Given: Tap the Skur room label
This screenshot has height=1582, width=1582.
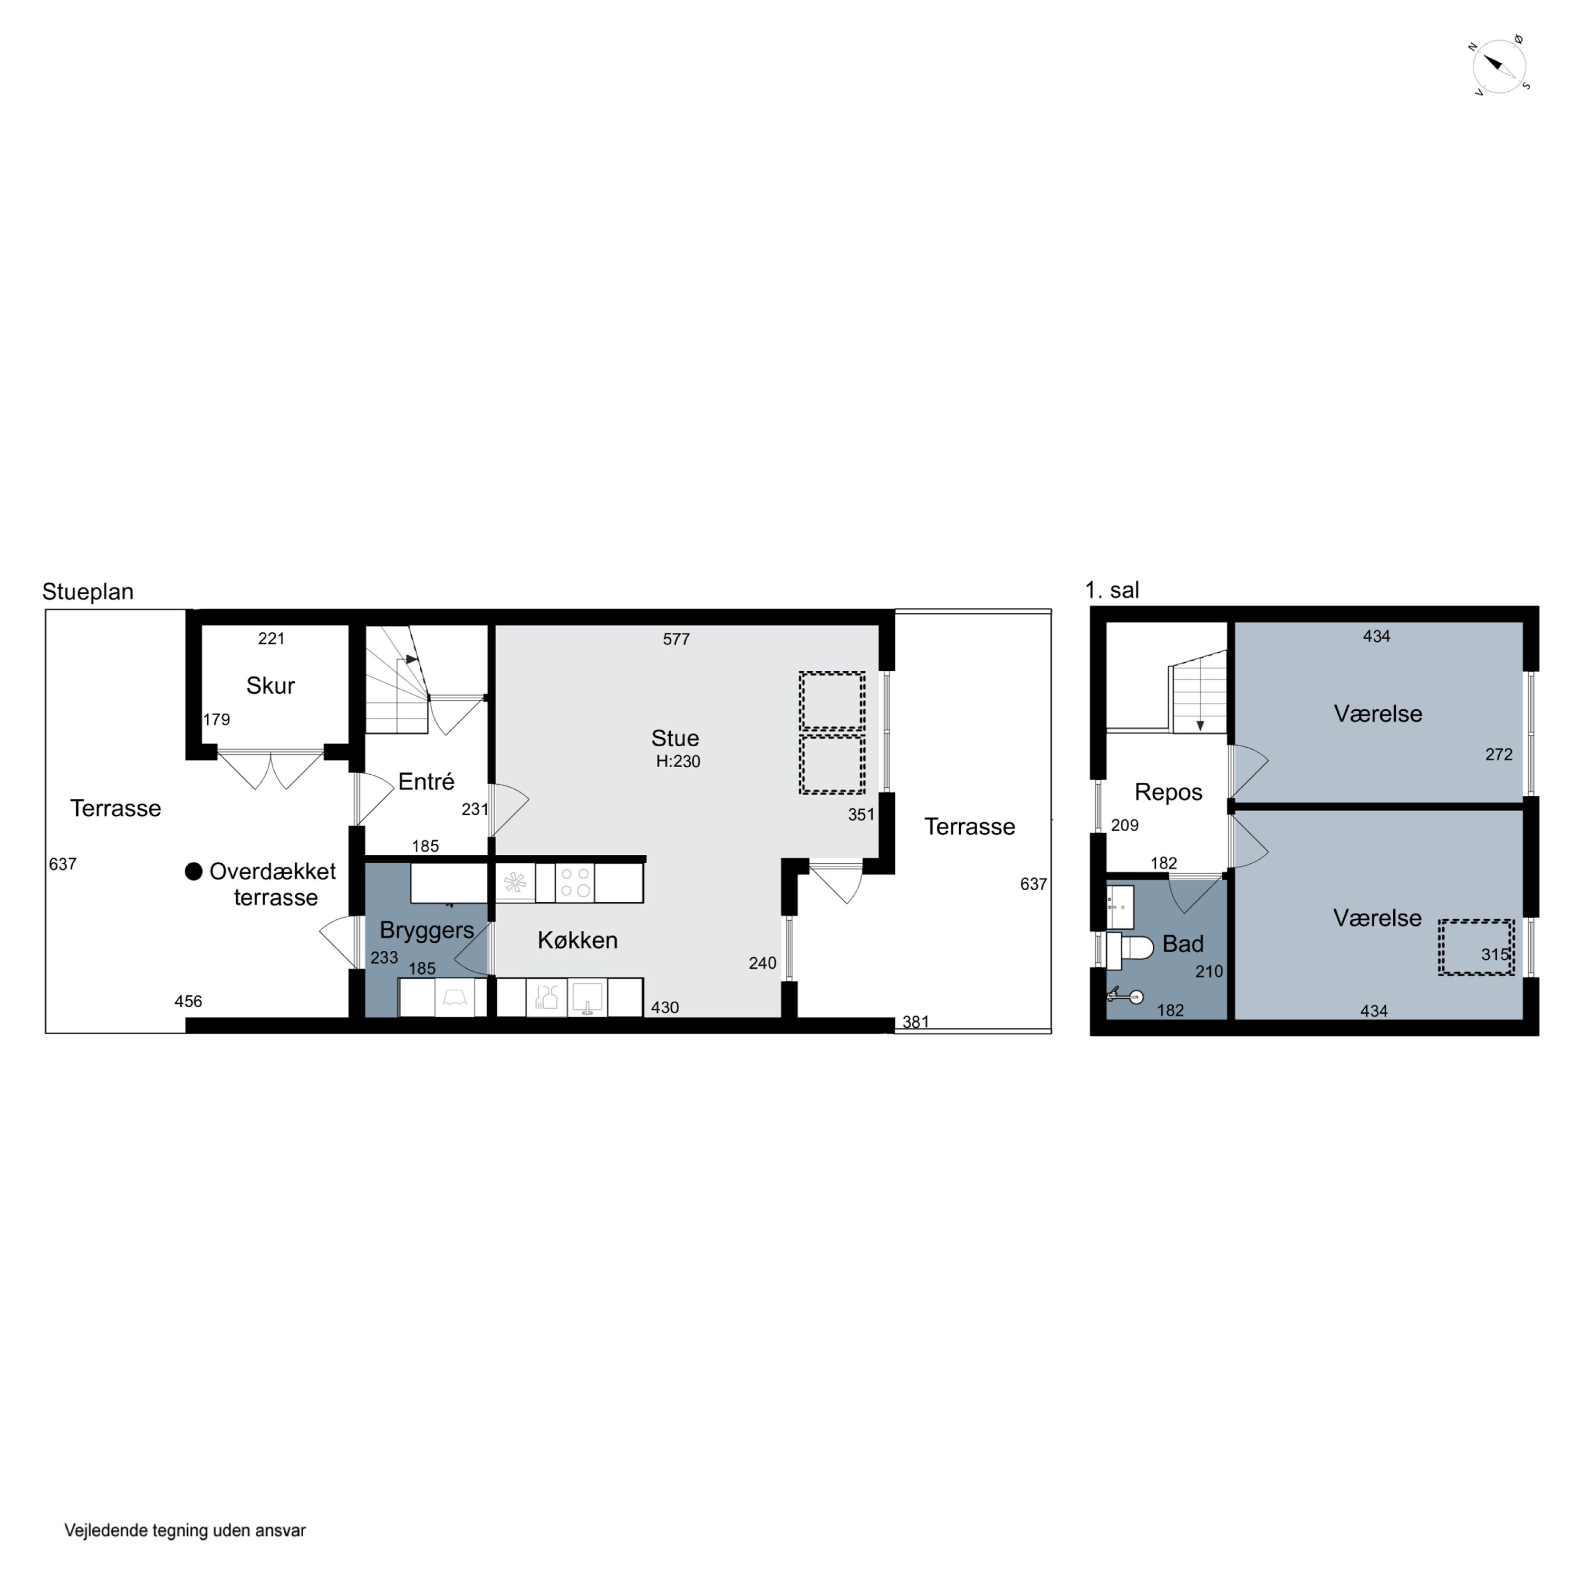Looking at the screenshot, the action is tap(270, 686).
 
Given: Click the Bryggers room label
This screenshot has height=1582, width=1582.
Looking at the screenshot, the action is tap(427, 930).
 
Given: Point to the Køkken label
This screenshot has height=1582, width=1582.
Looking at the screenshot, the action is tap(577, 940).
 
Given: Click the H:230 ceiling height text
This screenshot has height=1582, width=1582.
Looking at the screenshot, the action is tap(678, 761).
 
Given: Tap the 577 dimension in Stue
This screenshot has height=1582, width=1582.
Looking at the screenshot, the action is tap(677, 639).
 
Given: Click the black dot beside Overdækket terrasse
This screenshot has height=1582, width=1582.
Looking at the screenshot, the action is tap(194, 871).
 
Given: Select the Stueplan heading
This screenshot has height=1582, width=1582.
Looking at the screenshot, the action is tap(88, 591).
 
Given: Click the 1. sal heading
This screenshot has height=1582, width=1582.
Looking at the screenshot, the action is tap(1112, 590).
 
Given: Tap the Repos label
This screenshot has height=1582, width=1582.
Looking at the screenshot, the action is tap(1169, 793).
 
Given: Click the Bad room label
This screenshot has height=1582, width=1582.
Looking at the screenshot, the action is tap(1183, 944).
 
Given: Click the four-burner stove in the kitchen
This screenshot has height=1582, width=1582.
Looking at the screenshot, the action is tap(575, 883).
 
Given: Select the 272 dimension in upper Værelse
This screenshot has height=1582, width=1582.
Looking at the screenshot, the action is tap(1499, 754).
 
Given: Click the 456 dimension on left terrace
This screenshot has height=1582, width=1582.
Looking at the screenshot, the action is tap(188, 1001).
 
